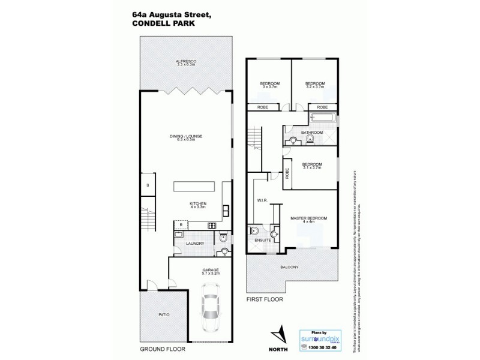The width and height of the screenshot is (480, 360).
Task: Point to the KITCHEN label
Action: [x=198, y=205]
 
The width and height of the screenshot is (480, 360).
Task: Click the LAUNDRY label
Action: [x=196, y=243]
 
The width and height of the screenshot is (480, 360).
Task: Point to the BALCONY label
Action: [x=289, y=267]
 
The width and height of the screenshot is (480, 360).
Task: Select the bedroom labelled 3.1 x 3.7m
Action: [x=312, y=166]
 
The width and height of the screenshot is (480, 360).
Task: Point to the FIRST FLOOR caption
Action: [x=264, y=298]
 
